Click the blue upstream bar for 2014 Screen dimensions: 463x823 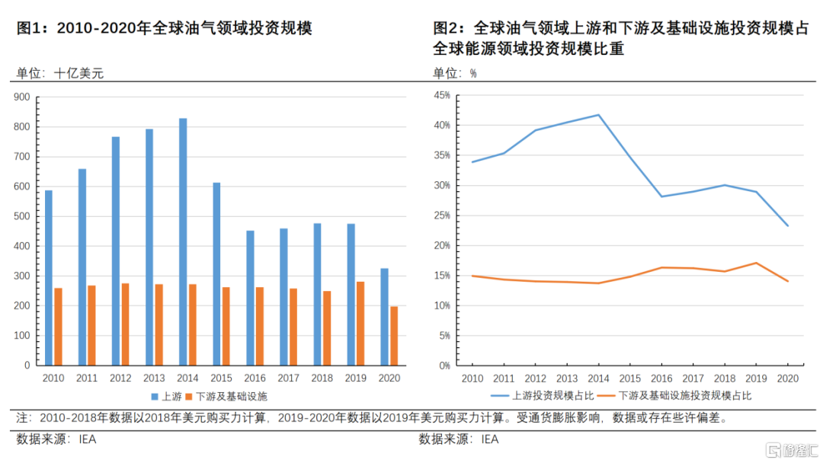pos(183,241)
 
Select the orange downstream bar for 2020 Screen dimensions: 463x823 pos(394,336)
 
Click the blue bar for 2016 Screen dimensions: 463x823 pos(250,298)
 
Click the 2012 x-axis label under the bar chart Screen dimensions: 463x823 pos(120,378)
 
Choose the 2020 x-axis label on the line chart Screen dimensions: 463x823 pos(788,378)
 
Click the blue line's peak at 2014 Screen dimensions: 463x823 pos(598,115)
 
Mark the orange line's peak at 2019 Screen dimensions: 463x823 pos(755,263)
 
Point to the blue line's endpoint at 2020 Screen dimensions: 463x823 pos(788,225)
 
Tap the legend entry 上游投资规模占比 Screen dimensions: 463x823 pos(549,396)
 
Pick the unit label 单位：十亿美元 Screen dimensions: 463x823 pos(59,73)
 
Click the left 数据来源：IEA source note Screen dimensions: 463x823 pos(56,439)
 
